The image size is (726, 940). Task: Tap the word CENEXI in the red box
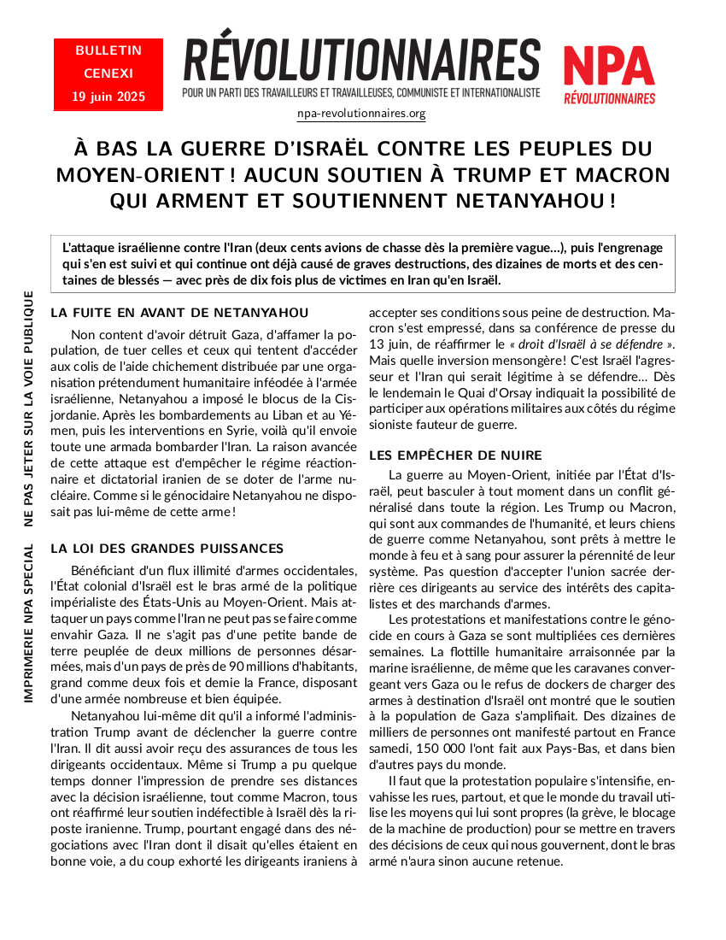pos(108,73)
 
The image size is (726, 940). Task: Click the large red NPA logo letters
pos(609,66)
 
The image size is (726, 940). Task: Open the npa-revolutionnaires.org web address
pos(361,113)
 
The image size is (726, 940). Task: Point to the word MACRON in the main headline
pos(622,175)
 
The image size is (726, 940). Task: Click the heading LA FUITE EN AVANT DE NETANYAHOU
pos(179,313)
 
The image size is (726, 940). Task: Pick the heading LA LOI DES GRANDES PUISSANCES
pos(167,548)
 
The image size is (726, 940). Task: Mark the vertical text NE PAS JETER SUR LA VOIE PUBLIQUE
pos(29,408)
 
